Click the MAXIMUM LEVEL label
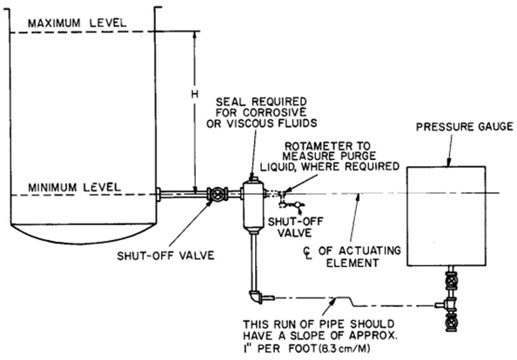click(x=77, y=23)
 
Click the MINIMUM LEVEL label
click(x=75, y=188)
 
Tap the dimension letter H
click(x=195, y=95)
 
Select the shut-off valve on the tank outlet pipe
click(x=218, y=194)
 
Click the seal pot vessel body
click(x=253, y=205)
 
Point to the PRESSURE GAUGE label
click(x=464, y=127)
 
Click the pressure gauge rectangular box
click(x=446, y=216)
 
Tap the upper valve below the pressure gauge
click(x=451, y=281)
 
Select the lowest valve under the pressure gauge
click(x=450, y=323)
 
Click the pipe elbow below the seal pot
click(x=257, y=297)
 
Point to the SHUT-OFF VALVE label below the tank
click(x=165, y=256)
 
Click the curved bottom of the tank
click(x=83, y=236)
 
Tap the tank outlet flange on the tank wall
click(x=158, y=194)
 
